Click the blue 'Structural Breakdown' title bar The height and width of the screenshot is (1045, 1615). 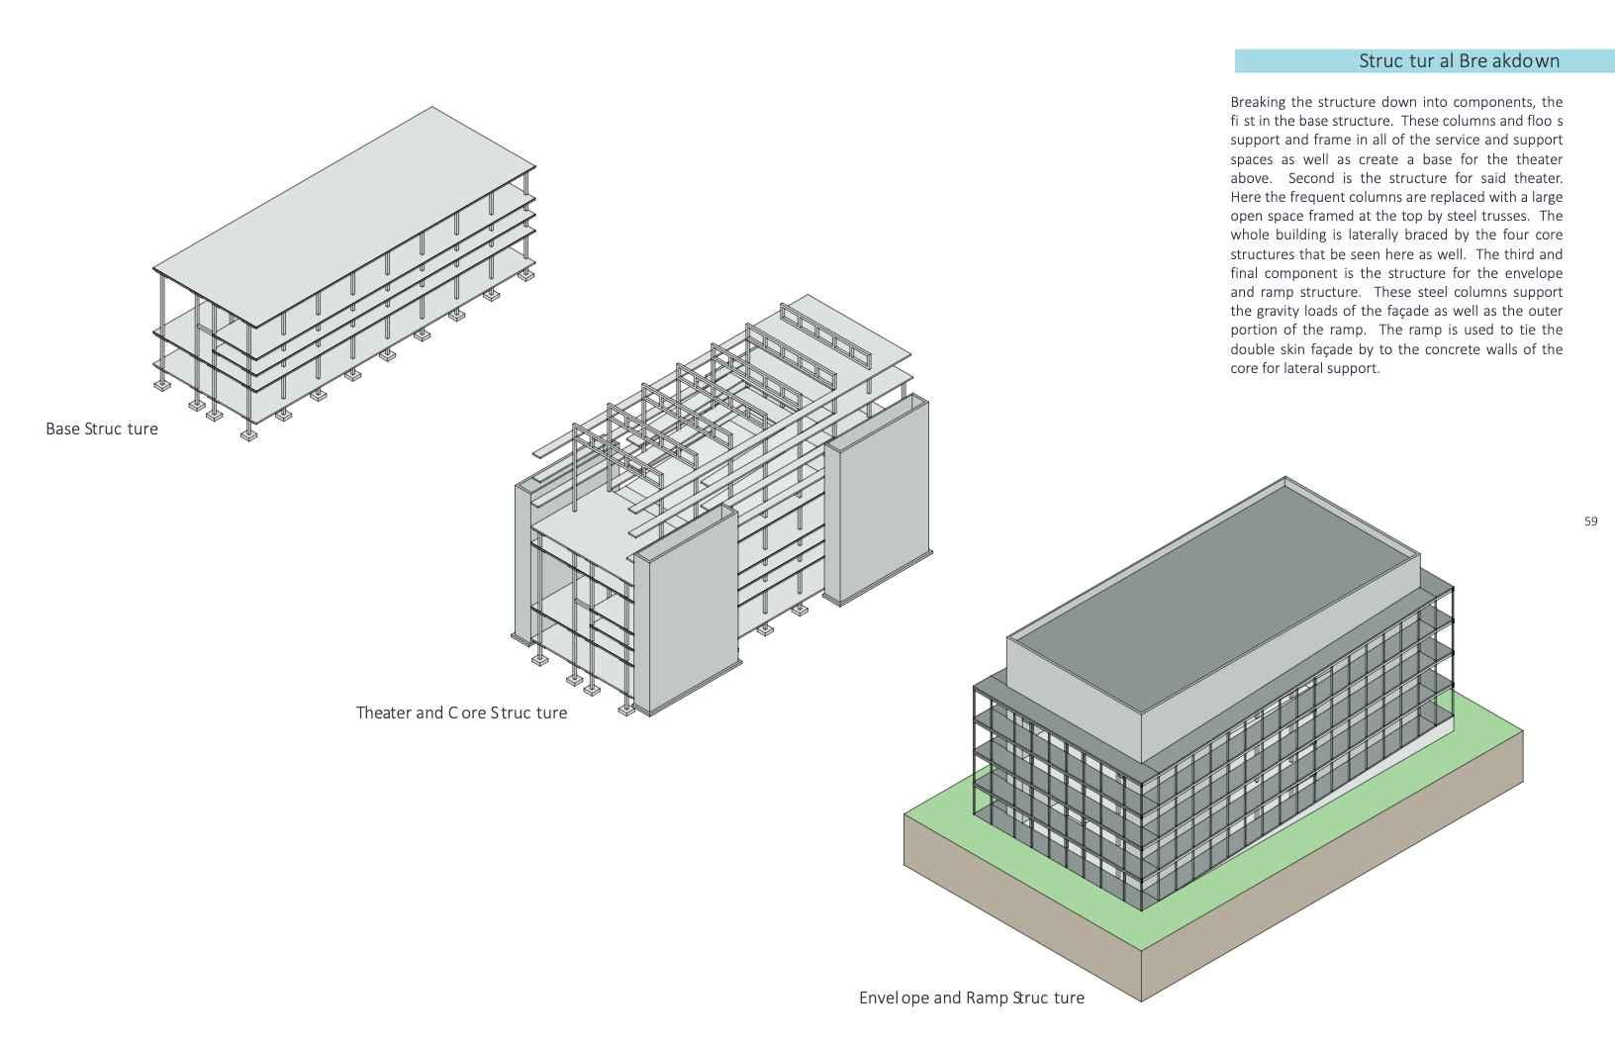1423,61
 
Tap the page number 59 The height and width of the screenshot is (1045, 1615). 1590,522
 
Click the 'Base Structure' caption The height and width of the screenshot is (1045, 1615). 102,428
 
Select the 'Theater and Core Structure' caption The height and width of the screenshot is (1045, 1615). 461,712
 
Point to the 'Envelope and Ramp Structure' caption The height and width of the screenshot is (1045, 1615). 971,997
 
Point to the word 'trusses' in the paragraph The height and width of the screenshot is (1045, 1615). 1508,216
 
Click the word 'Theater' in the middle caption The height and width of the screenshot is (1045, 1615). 385,712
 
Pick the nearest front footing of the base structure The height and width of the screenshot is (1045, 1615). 248,434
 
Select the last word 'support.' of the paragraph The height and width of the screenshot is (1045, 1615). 1353,368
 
